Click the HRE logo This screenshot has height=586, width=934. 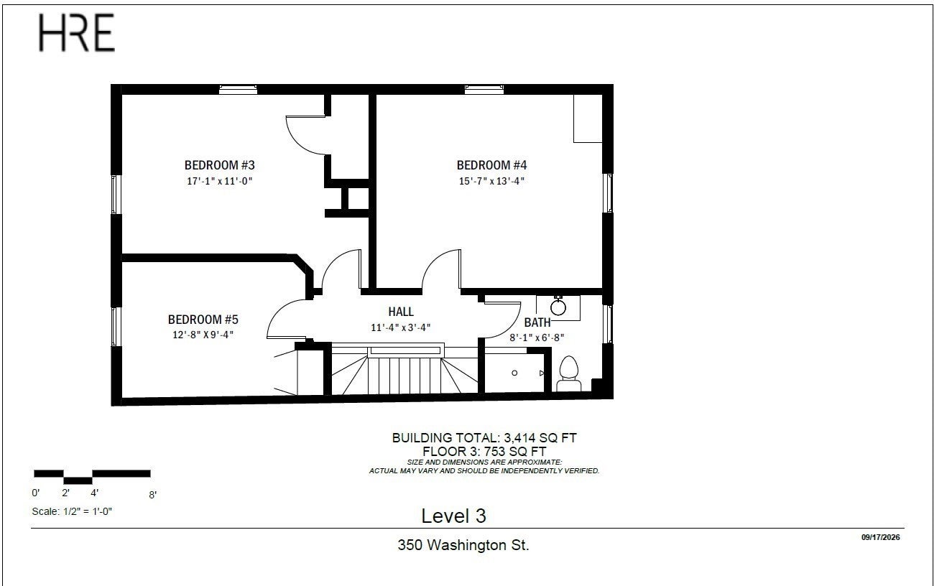pyautogui.click(x=77, y=32)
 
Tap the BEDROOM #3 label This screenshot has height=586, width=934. pyautogui.click(x=219, y=165)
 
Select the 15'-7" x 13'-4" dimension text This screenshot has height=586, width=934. pyautogui.click(x=491, y=181)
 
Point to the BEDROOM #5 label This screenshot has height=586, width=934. pyautogui.click(x=203, y=320)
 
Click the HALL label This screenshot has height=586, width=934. pyautogui.click(x=401, y=312)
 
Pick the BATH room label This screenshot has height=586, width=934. pyautogui.click(x=537, y=322)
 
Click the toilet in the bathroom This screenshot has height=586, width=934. pyautogui.click(x=569, y=374)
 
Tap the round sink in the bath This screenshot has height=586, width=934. pyautogui.click(x=558, y=307)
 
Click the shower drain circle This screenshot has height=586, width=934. pyautogui.click(x=514, y=373)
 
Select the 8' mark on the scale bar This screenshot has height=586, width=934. pyautogui.click(x=152, y=495)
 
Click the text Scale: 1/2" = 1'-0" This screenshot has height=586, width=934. pyautogui.click(x=72, y=511)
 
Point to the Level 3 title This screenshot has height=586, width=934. pyautogui.click(x=453, y=516)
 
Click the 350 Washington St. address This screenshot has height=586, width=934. pyautogui.click(x=463, y=545)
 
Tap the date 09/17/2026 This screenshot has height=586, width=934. pyautogui.click(x=881, y=537)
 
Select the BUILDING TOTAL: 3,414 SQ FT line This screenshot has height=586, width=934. pyautogui.click(x=484, y=438)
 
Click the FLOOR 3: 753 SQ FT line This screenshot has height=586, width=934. pyautogui.click(x=484, y=452)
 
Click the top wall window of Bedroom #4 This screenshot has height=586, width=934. pyautogui.click(x=484, y=89)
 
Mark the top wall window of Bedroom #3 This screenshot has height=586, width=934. pyautogui.click(x=238, y=89)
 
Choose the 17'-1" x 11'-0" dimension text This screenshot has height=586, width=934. pyautogui.click(x=219, y=181)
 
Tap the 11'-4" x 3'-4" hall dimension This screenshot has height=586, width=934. pyautogui.click(x=401, y=327)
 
